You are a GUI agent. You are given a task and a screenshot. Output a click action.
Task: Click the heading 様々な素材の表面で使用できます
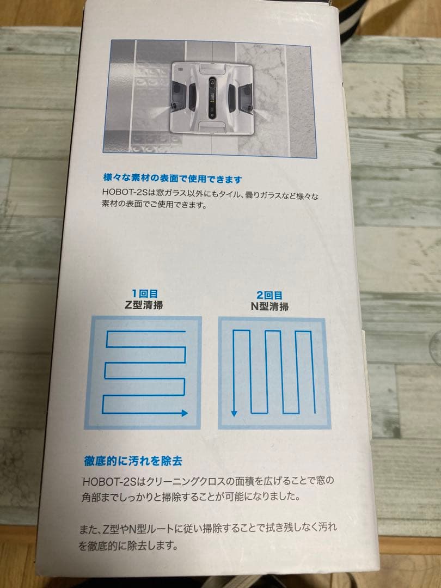click(x=172, y=178)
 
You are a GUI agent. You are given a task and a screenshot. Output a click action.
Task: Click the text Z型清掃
click(x=143, y=305)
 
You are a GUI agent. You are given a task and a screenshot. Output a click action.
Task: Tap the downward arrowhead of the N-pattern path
click(x=234, y=413)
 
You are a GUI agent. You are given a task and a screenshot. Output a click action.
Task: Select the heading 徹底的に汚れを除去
click(x=133, y=461)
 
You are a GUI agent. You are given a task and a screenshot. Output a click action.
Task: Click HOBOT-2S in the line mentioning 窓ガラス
click(x=125, y=192)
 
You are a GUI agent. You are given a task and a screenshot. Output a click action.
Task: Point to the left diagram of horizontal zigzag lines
click(x=143, y=373)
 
